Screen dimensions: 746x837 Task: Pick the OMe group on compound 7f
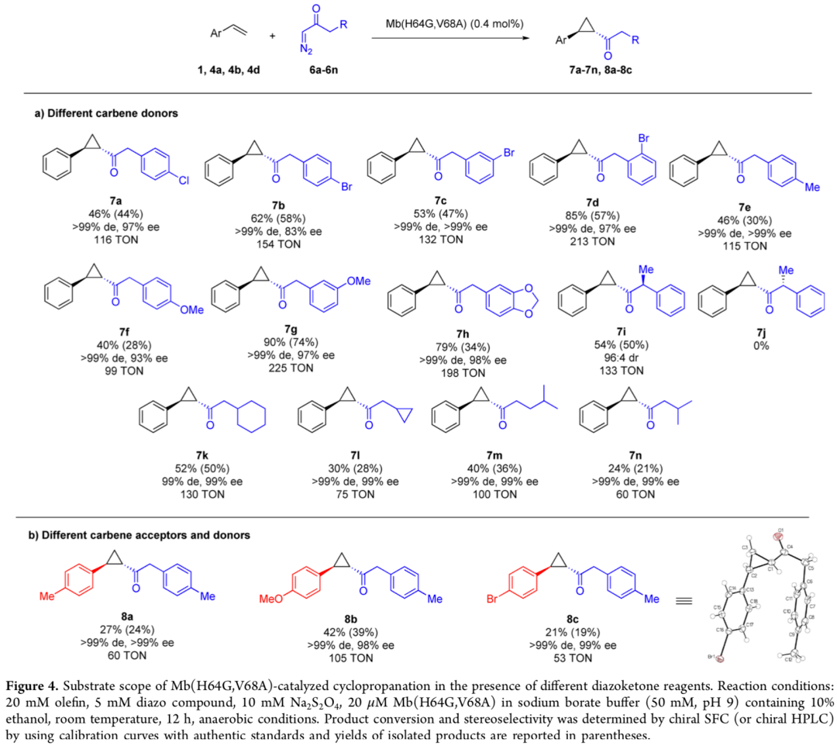[x=191, y=309]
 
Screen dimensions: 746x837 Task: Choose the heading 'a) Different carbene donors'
[x=106, y=113]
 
